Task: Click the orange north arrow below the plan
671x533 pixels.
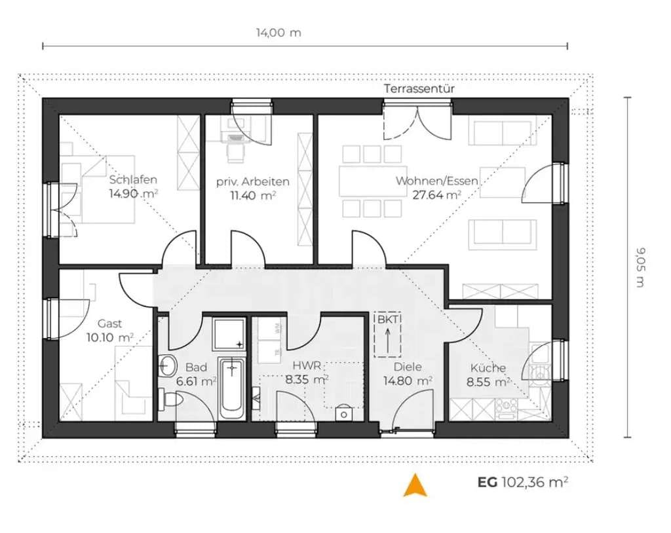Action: pyautogui.click(x=415, y=485)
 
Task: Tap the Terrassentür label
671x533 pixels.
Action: pyautogui.click(x=419, y=88)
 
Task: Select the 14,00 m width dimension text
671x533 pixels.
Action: pyautogui.click(x=278, y=33)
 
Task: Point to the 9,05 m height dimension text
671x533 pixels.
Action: pyautogui.click(x=640, y=268)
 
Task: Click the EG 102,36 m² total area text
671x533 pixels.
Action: pyautogui.click(x=523, y=482)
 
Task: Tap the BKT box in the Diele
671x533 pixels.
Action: pyautogui.click(x=388, y=335)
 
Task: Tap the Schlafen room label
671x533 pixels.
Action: pyautogui.click(x=133, y=179)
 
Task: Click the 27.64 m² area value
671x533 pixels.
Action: pyautogui.click(x=437, y=195)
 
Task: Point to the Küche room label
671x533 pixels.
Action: pyautogui.click(x=488, y=367)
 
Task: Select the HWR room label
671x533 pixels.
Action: pyautogui.click(x=307, y=366)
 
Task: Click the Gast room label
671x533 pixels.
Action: pyautogui.click(x=109, y=323)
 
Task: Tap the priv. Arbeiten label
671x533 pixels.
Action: pyautogui.click(x=252, y=181)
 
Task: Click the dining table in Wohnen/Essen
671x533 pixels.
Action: pyautogui.click(x=373, y=181)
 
